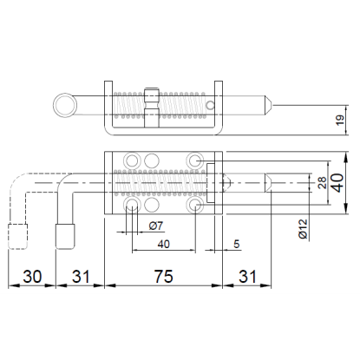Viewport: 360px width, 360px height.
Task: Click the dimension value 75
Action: [x=163, y=276]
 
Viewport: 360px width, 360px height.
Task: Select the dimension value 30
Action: [x=32, y=276]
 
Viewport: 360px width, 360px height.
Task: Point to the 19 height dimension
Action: [x=340, y=120]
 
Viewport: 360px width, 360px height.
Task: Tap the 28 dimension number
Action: [x=322, y=183]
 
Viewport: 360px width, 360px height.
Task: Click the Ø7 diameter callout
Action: [x=156, y=226]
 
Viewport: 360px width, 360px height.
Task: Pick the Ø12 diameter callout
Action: [x=303, y=229]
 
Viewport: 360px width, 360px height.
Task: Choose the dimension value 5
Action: [x=237, y=244]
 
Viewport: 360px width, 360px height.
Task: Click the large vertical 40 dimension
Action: [x=338, y=183]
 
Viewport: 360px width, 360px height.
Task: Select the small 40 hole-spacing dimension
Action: [x=164, y=245]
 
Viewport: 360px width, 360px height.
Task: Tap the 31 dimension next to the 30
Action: [x=81, y=276]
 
